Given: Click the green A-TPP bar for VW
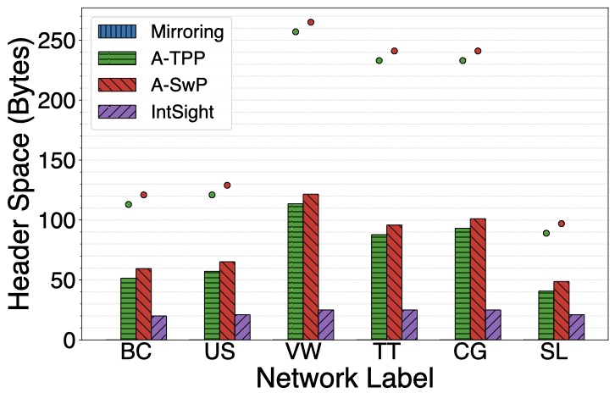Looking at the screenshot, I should (296, 272).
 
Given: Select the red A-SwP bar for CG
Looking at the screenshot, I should (478, 280).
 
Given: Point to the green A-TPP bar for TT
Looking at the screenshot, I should (379, 287).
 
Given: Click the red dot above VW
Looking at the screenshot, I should (311, 22).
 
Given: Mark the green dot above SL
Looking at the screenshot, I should (546, 233).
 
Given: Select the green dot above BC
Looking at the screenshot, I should (129, 204).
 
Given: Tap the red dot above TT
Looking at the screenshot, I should (394, 51).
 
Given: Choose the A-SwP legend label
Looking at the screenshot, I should (183, 86).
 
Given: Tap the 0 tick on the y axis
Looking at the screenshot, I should (76, 340).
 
